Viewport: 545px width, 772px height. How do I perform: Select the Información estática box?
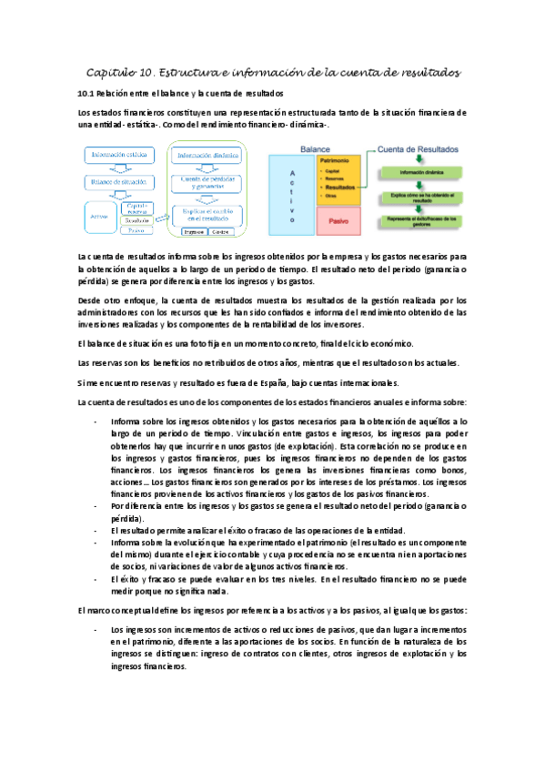[x=119, y=156]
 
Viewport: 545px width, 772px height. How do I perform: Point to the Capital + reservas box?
[x=136, y=209]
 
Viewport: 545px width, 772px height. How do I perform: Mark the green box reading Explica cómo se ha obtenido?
[x=428, y=195]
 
